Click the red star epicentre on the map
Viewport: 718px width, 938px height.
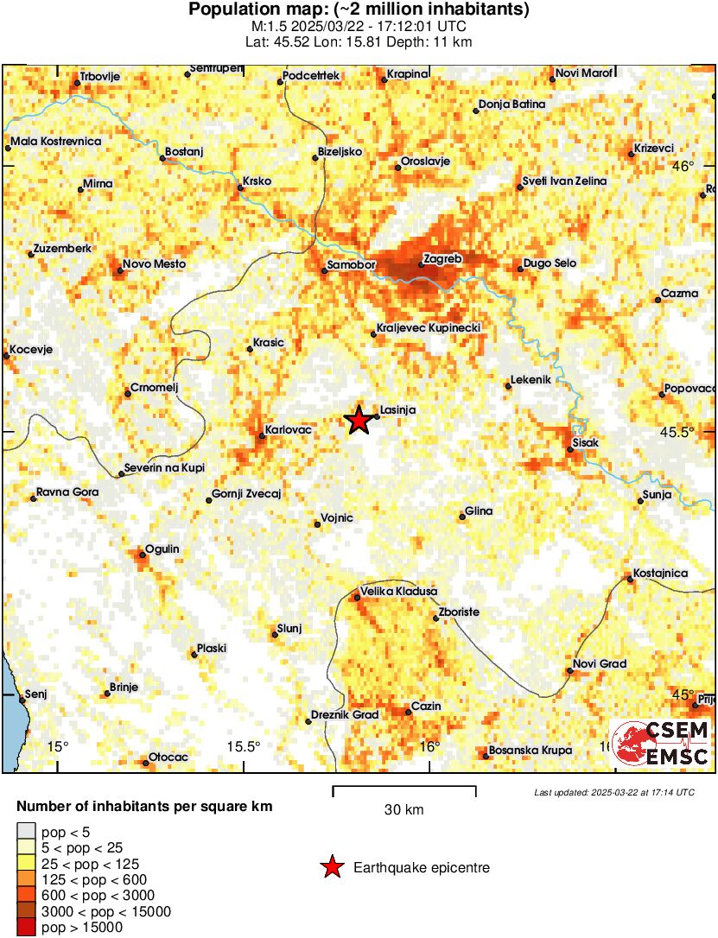point(359,420)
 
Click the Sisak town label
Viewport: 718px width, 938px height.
point(586,443)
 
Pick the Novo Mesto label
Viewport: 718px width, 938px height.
point(154,264)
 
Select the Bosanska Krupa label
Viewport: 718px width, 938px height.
point(530,750)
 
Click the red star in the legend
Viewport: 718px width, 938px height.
point(332,867)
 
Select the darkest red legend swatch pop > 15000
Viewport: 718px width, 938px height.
point(26,928)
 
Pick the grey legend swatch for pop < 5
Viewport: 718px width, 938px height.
point(26,833)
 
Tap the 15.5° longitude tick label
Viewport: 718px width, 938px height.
point(243,746)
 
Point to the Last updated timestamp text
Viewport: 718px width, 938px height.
point(613,792)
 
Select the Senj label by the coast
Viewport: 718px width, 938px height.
point(35,694)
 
